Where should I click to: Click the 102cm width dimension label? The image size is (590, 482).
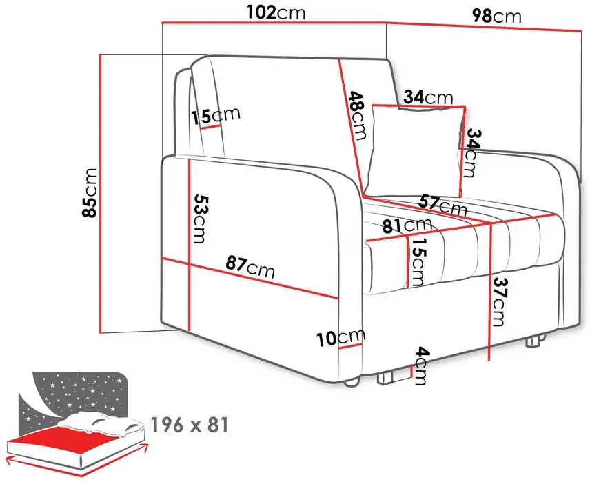click(x=276, y=13)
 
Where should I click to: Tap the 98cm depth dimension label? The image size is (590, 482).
click(x=497, y=16)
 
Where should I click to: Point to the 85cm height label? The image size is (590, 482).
click(x=90, y=192)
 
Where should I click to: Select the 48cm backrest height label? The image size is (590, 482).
click(x=357, y=115)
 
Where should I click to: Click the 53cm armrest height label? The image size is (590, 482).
click(x=200, y=219)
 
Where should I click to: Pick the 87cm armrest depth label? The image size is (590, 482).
click(x=250, y=266)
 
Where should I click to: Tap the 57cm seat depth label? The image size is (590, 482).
click(x=443, y=205)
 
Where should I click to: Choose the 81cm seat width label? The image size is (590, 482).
click(x=407, y=225)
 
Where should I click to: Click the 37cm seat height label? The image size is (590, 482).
click(x=499, y=301)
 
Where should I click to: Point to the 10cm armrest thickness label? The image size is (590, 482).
click(x=341, y=337)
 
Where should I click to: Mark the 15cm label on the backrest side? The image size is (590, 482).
click(x=215, y=116)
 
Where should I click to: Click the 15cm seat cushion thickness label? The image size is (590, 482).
click(x=418, y=262)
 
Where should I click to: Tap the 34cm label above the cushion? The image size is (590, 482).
click(x=429, y=97)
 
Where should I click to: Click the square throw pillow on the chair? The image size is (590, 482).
click(x=415, y=150)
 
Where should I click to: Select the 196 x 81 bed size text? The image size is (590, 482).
click(x=190, y=425)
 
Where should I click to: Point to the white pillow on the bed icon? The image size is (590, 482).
click(x=101, y=423)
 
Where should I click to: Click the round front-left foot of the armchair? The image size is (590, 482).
click(x=352, y=383)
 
